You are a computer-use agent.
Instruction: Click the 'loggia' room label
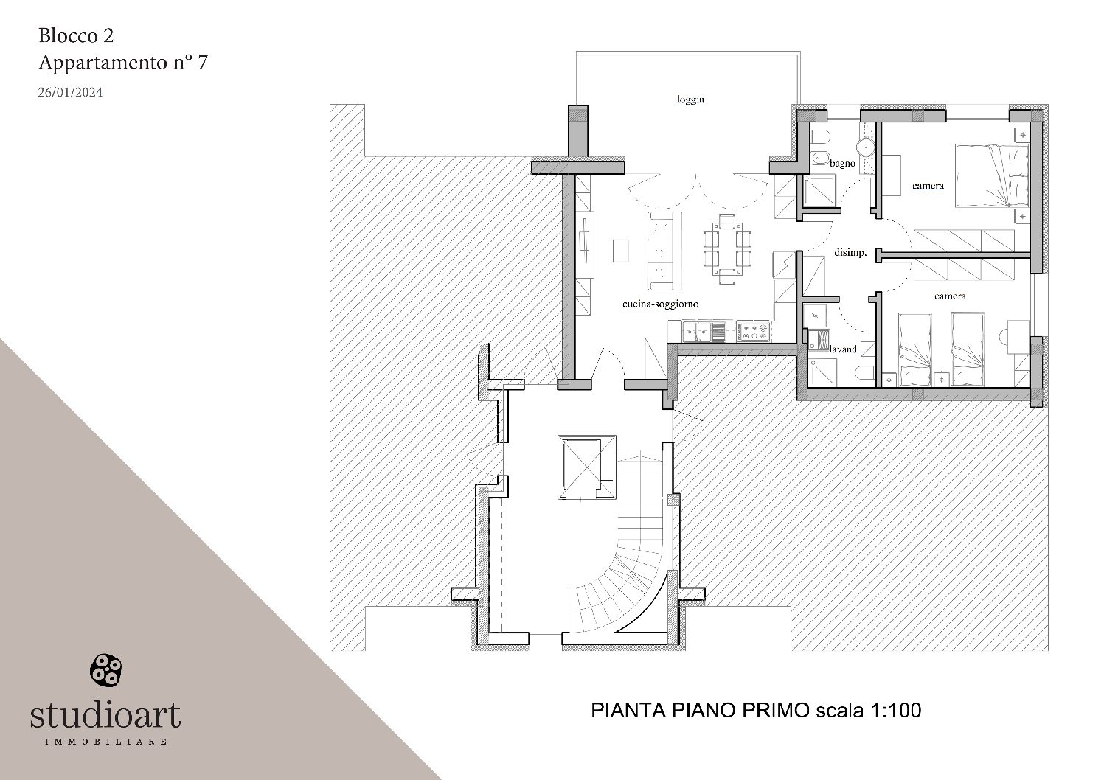point(690,100)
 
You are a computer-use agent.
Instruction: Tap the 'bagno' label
point(842,163)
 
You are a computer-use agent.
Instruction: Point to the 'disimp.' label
point(850,252)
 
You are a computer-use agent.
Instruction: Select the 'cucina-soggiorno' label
point(660,304)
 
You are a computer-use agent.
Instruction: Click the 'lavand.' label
point(845,349)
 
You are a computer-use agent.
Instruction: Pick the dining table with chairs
point(727,248)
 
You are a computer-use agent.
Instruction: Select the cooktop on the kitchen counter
point(753,332)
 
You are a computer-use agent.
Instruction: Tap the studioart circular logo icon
point(105,669)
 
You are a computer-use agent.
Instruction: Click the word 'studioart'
point(105,714)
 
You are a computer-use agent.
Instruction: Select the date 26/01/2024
point(70,93)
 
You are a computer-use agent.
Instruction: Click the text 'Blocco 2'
point(76,35)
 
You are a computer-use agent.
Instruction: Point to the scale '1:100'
point(897,710)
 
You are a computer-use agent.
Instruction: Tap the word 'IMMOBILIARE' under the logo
point(105,741)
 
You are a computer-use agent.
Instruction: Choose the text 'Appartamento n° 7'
point(122,63)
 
